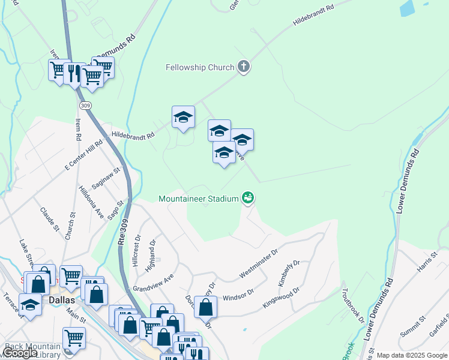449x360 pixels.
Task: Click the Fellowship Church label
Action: (199, 67)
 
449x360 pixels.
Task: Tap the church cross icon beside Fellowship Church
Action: (244, 67)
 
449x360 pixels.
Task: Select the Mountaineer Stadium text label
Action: (199, 198)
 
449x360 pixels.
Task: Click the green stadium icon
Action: (247, 197)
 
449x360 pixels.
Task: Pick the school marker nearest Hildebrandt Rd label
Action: (183, 117)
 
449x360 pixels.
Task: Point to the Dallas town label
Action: (62, 300)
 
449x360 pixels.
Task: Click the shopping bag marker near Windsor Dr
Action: (205, 308)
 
